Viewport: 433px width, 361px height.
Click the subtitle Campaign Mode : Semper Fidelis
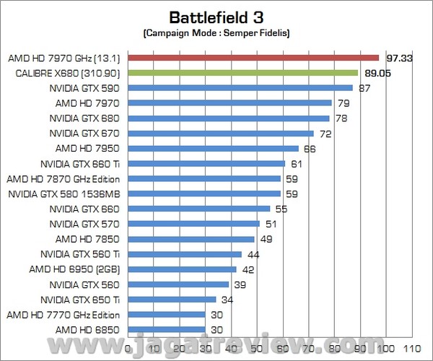click(x=216, y=33)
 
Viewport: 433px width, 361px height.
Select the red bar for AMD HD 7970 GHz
click(x=253, y=58)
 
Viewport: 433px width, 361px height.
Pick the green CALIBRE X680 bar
click(x=243, y=73)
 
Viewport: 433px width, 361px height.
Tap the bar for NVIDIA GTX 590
click(x=240, y=88)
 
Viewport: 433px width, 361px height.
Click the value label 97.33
click(x=398, y=58)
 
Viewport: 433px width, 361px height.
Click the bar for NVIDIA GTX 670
click(x=221, y=133)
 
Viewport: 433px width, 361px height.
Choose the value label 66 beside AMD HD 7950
click(x=310, y=148)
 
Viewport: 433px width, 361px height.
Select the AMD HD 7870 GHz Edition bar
click(x=204, y=178)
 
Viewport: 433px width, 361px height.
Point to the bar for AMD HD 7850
click(x=191, y=239)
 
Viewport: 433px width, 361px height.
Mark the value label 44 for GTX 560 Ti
click(x=253, y=254)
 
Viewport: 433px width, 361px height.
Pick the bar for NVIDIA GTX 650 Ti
click(x=172, y=300)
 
